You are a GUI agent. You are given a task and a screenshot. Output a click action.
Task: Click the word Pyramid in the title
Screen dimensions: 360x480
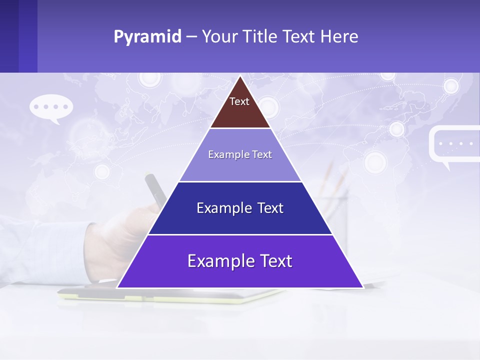click(x=147, y=37)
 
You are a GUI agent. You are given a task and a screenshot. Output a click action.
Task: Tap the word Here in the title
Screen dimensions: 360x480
click(x=339, y=37)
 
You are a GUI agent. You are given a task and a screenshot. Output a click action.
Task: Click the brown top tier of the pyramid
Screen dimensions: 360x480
click(x=240, y=112)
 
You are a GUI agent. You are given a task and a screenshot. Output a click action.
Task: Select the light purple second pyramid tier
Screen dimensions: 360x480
click(x=240, y=165)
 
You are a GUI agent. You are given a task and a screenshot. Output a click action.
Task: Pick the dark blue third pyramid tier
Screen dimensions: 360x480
click(x=240, y=220)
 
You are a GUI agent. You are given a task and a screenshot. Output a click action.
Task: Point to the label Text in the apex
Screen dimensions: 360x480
click(x=239, y=101)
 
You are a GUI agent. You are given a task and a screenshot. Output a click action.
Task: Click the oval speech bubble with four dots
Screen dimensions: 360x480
click(x=51, y=107)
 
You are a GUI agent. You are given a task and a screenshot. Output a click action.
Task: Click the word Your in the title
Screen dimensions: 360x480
click(x=219, y=37)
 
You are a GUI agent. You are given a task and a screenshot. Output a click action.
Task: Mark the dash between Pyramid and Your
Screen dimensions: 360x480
click(x=191, y=37)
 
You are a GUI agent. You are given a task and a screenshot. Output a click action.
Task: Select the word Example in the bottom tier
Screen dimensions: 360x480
click(x=215, y=261)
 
